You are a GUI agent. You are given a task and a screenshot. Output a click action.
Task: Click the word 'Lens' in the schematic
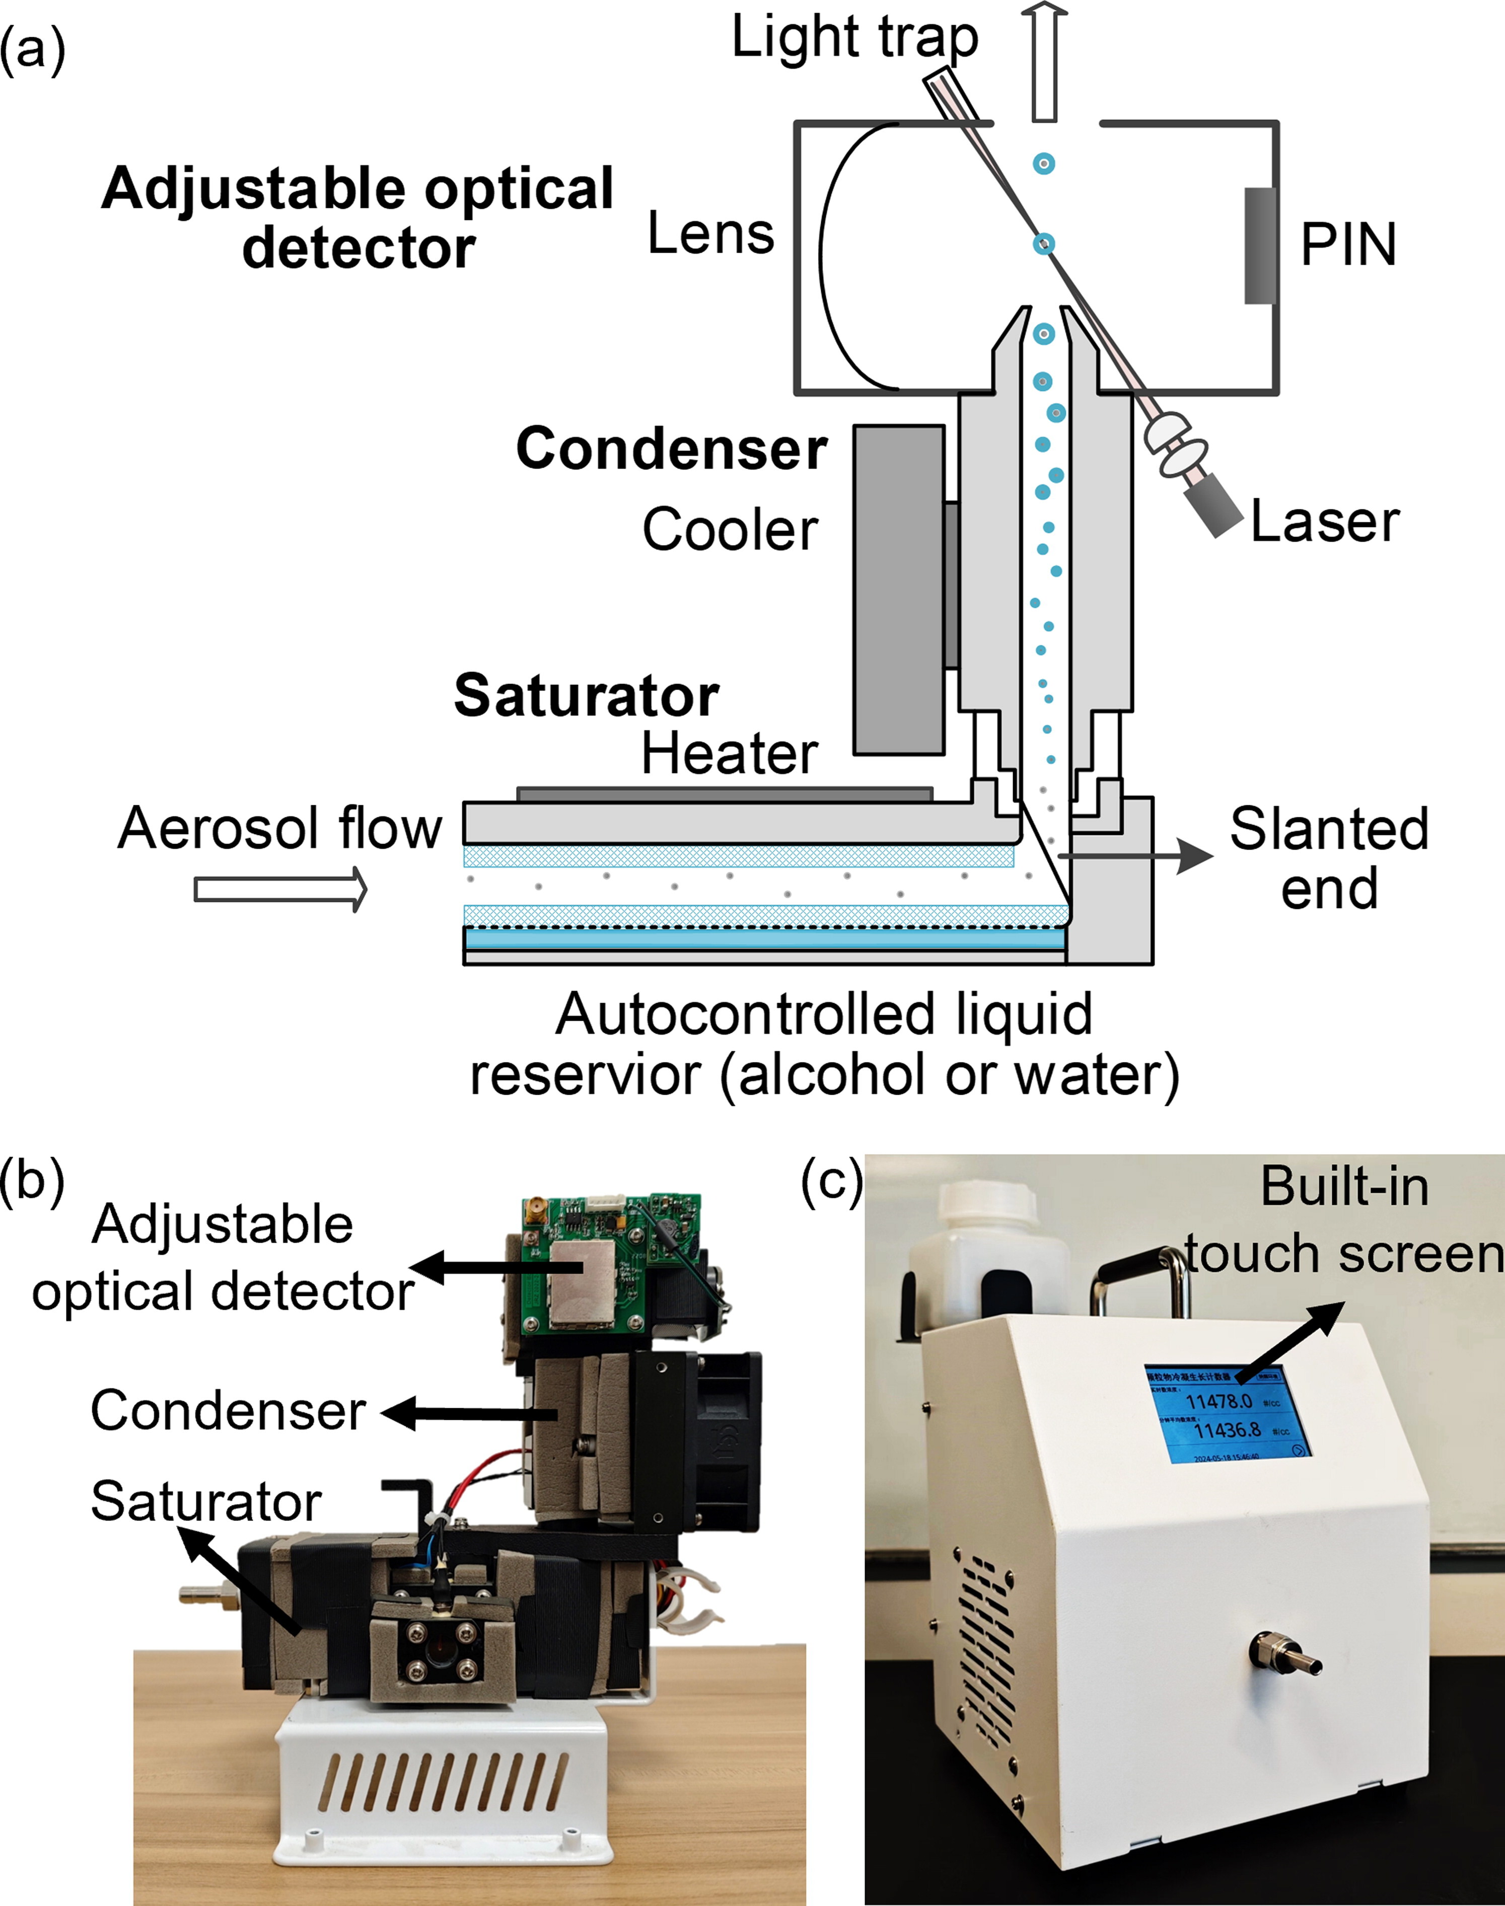click(x=710, y=235)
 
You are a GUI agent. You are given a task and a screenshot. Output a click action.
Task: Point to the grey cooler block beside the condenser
click(x=898, y=590)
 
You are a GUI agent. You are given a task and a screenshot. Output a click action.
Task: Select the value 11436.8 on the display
click(x=1227, y=1429)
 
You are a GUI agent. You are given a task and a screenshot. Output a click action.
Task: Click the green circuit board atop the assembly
click(x=608, y=1259)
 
